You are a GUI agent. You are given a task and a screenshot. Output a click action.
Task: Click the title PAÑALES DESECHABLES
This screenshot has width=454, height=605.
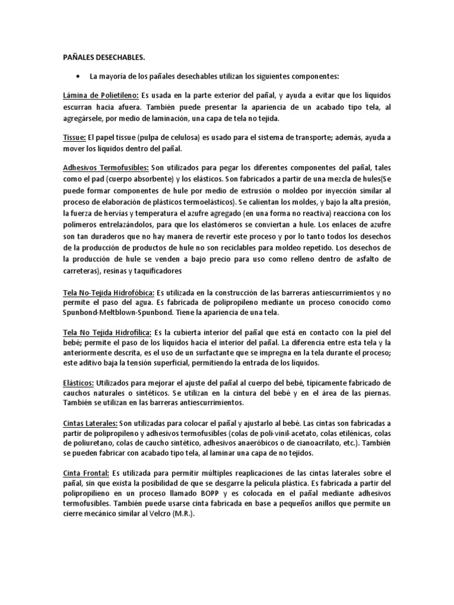point(103,57)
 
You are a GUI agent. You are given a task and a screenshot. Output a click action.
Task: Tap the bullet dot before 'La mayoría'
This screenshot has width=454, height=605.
point(78,77)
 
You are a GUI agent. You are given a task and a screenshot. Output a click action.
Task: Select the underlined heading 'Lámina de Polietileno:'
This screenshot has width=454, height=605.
point(100,95)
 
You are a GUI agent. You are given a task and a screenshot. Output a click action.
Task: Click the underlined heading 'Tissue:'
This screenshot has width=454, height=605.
point(74,137)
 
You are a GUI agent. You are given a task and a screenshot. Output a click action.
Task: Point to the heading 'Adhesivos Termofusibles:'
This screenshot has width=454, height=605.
point(106,167)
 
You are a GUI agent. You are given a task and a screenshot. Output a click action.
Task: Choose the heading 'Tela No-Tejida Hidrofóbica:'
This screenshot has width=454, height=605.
point(109,293)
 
